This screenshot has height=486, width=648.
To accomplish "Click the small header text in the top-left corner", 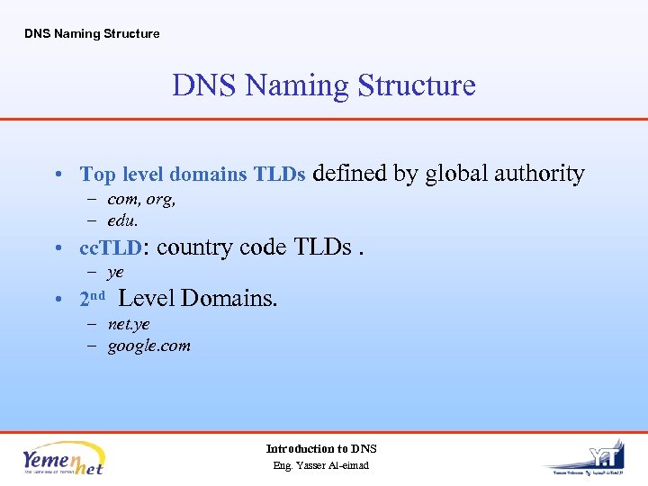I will pyautogui.click(x=92, y=34).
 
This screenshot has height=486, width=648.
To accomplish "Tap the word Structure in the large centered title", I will pyautogui.click(x=416, y=85).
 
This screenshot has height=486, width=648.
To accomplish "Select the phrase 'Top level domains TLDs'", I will pyautogui.click(x=193, y=175).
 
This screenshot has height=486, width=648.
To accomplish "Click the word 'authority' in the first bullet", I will pyautogui.click(x=542, y=174).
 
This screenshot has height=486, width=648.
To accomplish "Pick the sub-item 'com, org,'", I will pyautogui.click(x=141, y=200).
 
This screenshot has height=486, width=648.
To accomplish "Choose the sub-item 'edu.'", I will pyautogui.click(x=123, y=220).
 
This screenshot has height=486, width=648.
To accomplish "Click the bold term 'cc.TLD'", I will pyautogui.click(x=111, y=247).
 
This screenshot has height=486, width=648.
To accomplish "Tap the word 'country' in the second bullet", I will pyautogui.click(x=195, y=247).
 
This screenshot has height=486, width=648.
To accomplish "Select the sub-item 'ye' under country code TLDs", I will pyautogui.click(x=115, y=272).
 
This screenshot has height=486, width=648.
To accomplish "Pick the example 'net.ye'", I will pyautogui.click(x=129, y=324).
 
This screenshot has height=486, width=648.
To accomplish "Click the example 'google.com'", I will pyautogui.click(x=148, y=346).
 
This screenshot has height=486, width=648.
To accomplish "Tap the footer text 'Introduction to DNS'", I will pyautogui.click(x=321, y=448).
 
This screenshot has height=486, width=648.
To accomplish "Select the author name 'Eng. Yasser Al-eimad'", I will pyautogui.click(x=321, y=465).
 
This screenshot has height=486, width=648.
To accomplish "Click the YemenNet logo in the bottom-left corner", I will pyautogui.click(x=63, y=458).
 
